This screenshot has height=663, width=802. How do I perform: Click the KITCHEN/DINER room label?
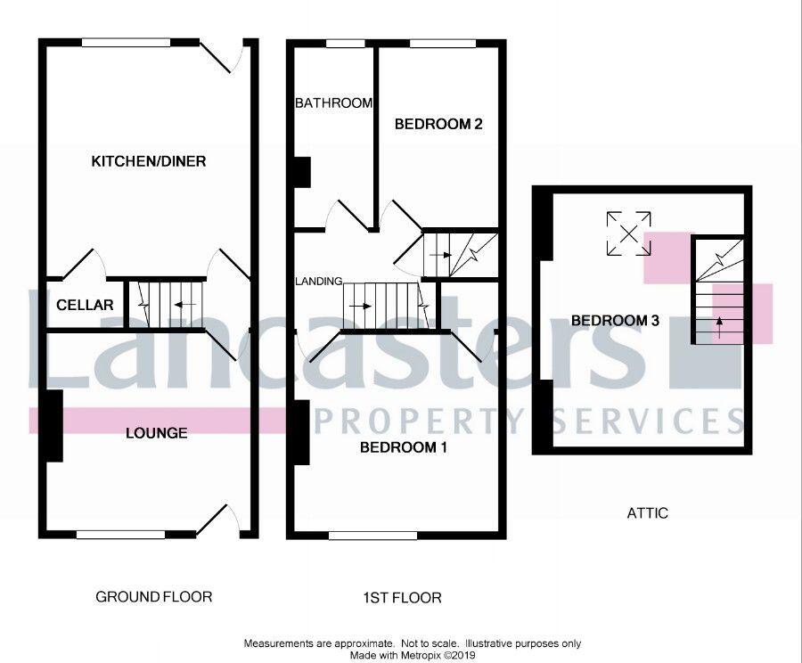[149, 161]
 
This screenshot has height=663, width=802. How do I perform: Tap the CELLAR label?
[85, 305]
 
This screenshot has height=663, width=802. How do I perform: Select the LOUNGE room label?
[156, 433]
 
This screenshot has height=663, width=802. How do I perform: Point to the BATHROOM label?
[333, 103]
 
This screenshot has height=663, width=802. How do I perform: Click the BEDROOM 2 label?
[438, 125]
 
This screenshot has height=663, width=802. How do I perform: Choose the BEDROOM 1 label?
[403, 448]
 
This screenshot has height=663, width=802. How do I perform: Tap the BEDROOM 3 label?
[615, 321]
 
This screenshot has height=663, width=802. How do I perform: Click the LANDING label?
[318, 282]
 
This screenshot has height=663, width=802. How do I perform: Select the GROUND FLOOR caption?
[154, 596]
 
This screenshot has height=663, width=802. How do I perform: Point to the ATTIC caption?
[648, 513]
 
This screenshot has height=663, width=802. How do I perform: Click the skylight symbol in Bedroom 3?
[629, 233]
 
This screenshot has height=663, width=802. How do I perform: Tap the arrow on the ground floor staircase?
[185, 305]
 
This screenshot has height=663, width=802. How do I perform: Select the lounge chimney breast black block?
[53, 426]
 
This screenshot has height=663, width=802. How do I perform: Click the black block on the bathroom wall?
[302, 172]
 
